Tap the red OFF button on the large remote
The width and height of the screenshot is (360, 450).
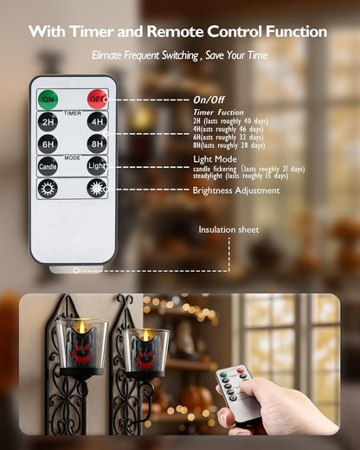(98, 100)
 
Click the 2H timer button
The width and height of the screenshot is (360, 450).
(48, 121)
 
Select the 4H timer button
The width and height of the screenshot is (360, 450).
(97, 121)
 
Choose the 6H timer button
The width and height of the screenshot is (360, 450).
(48, 144)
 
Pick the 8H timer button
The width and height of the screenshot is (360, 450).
(97, 144)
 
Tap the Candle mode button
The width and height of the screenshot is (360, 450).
(48, 166)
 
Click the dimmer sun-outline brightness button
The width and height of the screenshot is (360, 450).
(48, 189)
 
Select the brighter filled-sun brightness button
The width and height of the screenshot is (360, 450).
(97, 189)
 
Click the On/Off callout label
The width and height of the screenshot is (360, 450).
(209, 100)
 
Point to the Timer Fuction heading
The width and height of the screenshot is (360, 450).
(219, 112)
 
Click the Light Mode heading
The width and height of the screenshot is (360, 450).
(215, 159)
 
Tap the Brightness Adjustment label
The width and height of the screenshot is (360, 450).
(236, 190)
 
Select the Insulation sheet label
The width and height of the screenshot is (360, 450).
(228, 229)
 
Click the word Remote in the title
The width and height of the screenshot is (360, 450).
(176, 31)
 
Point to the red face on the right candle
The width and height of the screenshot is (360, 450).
(146, 357)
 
